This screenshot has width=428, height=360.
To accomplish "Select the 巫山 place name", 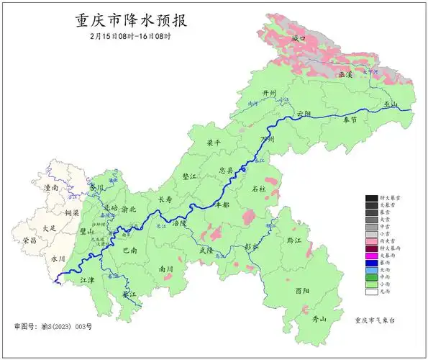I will pyautogui.click(x=391, y=104).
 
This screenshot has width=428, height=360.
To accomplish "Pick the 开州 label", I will pyautogui.click(x=269, y=94).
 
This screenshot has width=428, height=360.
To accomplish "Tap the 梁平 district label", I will pyautogui.click(x=214, y=143).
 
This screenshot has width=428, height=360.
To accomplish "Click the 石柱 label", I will pyautogui.click(x=259, y=189).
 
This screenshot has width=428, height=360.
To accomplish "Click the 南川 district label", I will pyautogui.click(x=165, y=269).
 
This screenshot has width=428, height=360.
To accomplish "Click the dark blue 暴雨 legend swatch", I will pyautogui.click(x=371, y=262).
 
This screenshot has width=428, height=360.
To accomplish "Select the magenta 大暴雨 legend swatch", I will pyautogui.click(x=371, y=255).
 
